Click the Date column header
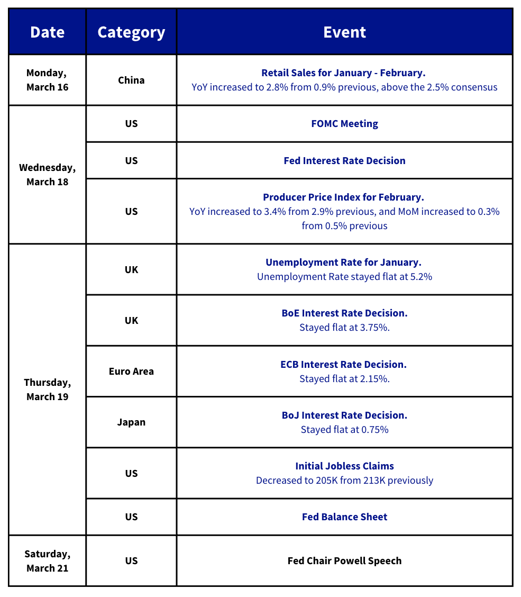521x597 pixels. click(47, 32)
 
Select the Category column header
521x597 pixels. click(131, 32)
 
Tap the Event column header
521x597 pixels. click(344, 32)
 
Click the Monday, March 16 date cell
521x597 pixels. click(47, 80)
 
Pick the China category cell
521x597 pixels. click(131, 80)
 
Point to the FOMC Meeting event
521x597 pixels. click(344, 124)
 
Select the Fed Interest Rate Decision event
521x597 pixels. click(344, 160)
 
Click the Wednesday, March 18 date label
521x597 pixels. click(47, 175)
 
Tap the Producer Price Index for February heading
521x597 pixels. click(343, 197)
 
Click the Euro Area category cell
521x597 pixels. click(131, 371)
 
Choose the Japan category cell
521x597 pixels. click(131, 422)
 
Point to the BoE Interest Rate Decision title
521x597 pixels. click(344, 313)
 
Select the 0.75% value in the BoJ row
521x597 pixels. click(374, 430)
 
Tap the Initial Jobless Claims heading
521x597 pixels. click(344, 466)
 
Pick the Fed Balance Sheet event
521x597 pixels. click(344, 517)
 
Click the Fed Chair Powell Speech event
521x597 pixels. click(344, 560)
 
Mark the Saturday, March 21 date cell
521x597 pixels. click(47, 560)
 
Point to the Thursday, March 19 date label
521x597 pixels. click(47, 390)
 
